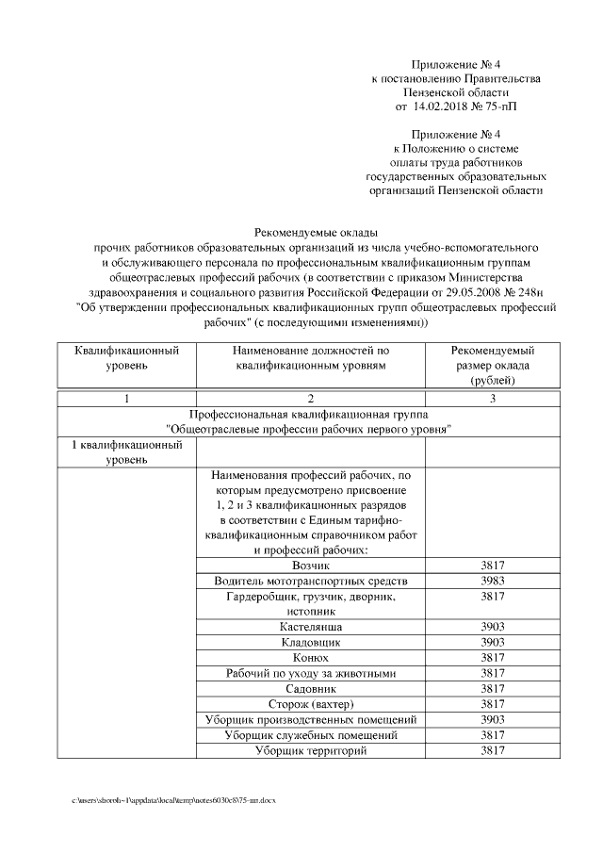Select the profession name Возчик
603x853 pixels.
(x=311, y=566)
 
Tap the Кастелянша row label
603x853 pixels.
(x=311, y=627)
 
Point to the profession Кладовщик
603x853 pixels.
(x=311, y=642)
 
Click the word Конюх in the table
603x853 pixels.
(x=311, y=658)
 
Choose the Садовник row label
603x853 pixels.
(x=311, y=689)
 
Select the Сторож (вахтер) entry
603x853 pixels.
(x=311, y=704)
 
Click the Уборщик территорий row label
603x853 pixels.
(x=311, y=750)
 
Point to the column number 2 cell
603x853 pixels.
(x=311, y=399)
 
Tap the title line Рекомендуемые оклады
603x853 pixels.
(x=310, y=231)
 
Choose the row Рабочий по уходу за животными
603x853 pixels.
(x=311, y=673)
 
